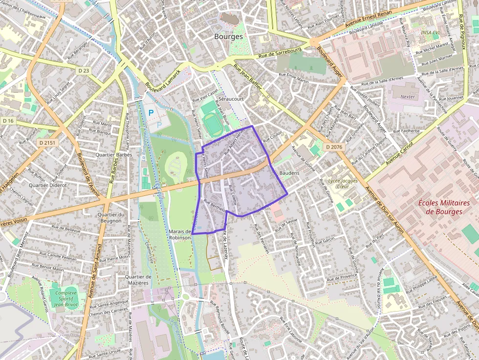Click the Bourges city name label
point(228,37)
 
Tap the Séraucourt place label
point(231,98)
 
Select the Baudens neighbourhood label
point(289,173)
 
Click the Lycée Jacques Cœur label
point(343,184)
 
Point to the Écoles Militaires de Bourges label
point(444,207)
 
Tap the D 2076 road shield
point(334,147)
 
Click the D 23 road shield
point(84,71)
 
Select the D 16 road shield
point(8,121)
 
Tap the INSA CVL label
point(430,33)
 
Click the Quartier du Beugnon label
point(110,217)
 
